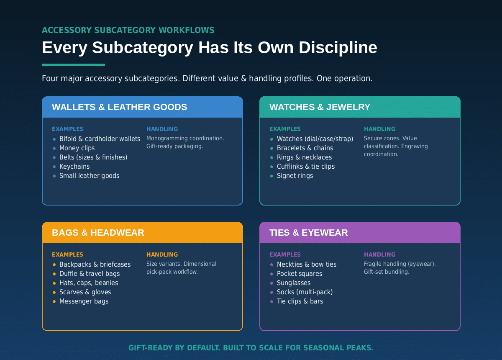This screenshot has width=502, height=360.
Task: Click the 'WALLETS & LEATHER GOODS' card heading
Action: click(x=120, y=107)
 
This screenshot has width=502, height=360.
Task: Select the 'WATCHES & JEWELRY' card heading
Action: click(x=320, y=107)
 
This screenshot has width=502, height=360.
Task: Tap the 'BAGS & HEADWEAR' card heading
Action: click(x=98, y=233)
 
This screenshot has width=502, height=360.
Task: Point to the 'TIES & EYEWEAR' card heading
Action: click(x=309, y=233)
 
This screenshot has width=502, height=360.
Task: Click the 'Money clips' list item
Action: click(x=77, y=148)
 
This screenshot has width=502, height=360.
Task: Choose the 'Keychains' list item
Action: click(x=74, y=167)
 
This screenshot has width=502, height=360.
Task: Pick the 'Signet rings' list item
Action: click(x=295, y=176)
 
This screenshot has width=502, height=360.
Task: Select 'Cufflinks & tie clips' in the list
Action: click(x=306, y=167)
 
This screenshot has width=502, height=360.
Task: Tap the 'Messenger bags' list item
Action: click(x=84, y=301)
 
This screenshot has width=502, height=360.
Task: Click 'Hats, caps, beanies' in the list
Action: click(x=89, y=283)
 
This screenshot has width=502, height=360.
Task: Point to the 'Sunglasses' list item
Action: click(x=294, y=283)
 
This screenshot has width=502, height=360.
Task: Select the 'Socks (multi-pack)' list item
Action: click(x=305, y=292)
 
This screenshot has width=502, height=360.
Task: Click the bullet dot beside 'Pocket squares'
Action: click(x=272, y=274)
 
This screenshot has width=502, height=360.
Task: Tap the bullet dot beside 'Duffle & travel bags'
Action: click(x=54, y=274)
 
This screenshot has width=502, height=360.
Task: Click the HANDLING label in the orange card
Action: click(x=162, y=255)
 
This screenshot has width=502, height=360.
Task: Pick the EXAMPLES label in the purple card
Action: click(x=285, y=255)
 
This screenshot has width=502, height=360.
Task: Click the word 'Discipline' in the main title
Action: click(x=338, y=48)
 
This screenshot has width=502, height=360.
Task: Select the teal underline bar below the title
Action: click(x=74, y=65)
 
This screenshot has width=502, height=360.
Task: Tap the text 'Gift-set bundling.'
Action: click(x=387, y=272)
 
